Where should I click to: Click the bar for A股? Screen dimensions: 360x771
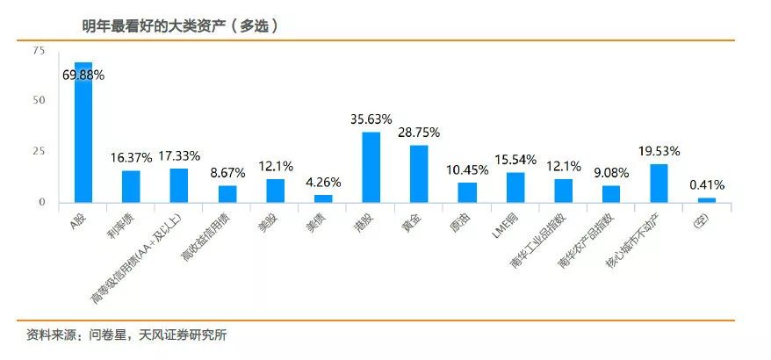pos(83,132)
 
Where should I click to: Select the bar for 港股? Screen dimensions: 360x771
pos(371,167)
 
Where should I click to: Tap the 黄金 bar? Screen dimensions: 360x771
pos(419,174)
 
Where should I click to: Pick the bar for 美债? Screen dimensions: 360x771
pos(323,198)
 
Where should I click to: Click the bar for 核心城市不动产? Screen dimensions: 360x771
pos(659,184)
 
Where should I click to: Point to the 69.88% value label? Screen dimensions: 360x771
pos(83,76)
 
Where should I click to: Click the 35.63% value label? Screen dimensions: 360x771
pos(371,119)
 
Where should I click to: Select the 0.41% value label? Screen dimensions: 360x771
pos(707,185)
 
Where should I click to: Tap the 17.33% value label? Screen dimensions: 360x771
pos(179,155)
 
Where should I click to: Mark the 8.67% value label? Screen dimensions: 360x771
pos(227,172)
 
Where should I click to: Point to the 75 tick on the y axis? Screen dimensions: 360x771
pos(39,51)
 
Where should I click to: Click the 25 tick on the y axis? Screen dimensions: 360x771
pos(39,152)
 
